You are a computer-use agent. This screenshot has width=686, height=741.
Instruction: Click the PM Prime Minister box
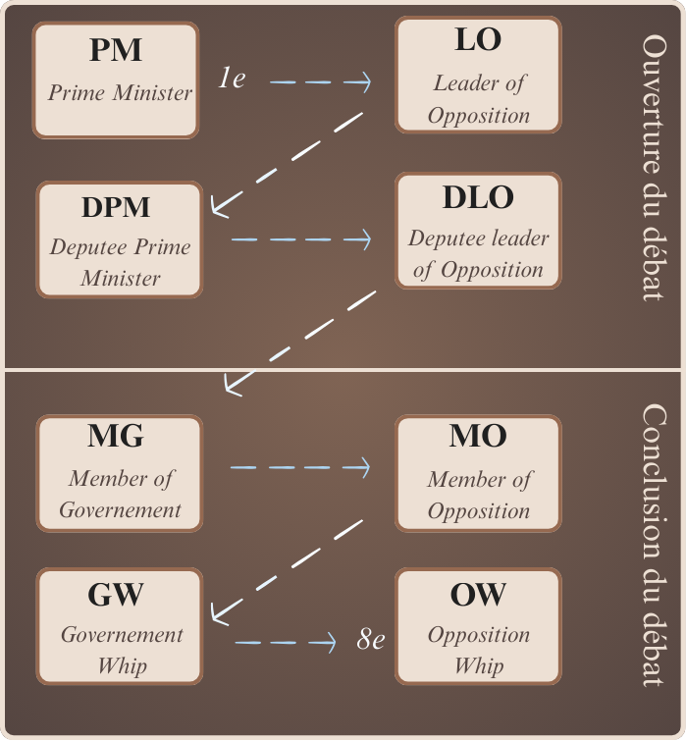click(116, 79)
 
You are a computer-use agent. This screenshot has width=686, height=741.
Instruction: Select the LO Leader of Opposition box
click(478, 75)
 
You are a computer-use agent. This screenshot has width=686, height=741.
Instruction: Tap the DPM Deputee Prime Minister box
click(119, 238)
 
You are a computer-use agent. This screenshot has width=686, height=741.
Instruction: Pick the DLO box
click(478, 231)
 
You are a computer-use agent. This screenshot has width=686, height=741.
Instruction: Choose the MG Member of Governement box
click(119, 472)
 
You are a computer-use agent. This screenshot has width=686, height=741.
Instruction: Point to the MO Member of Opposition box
click(478, 472)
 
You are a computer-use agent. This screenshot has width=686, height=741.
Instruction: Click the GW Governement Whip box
click(119, 625)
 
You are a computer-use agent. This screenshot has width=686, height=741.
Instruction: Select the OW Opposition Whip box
click(478, 625)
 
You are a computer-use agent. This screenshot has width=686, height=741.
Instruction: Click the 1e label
click(232, 79)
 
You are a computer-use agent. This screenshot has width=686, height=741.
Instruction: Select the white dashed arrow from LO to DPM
click(287, 163)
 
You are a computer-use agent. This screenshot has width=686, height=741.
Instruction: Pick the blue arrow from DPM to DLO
click(301, 238)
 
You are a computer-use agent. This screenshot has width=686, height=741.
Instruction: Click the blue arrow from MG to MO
click(300, 468)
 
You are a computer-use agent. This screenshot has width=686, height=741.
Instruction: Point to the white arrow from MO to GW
click(287, 569)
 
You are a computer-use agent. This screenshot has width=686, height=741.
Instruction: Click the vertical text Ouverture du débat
click(654, 169)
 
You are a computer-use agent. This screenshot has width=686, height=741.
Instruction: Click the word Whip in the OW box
click(478, 665)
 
